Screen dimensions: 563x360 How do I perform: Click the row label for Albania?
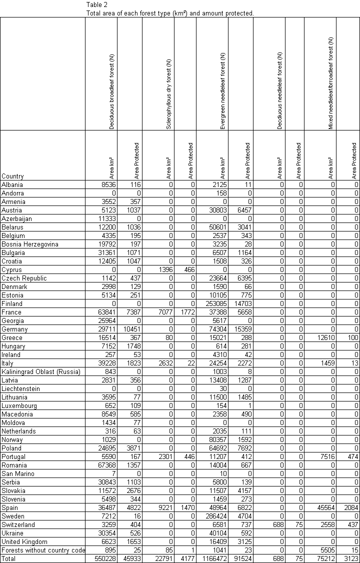(12, 185)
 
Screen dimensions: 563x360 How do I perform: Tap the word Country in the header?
(12, 176)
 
